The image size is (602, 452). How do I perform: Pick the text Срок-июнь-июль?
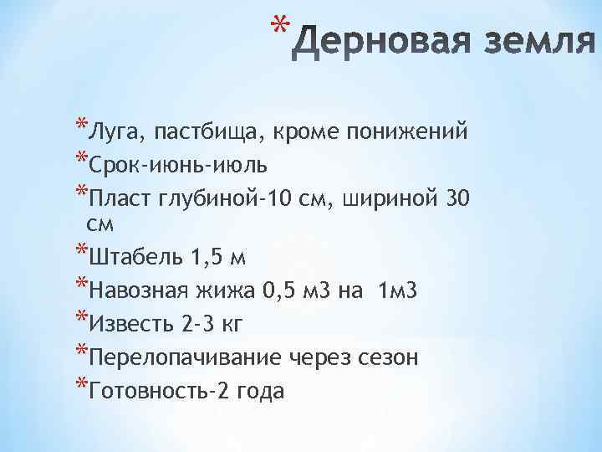(169, 163)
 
